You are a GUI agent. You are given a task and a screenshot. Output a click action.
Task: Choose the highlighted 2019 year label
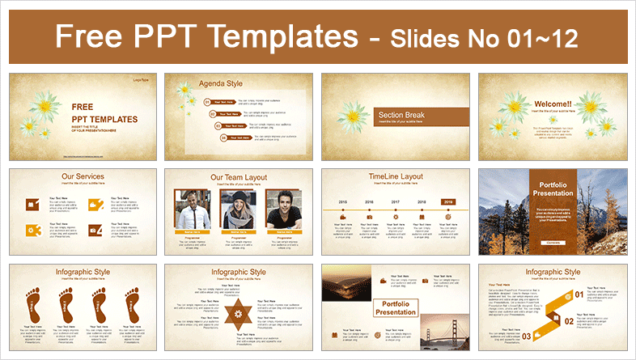click(x=448, y=202)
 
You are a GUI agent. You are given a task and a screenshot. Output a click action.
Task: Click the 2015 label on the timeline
click(x=342, y=202)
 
